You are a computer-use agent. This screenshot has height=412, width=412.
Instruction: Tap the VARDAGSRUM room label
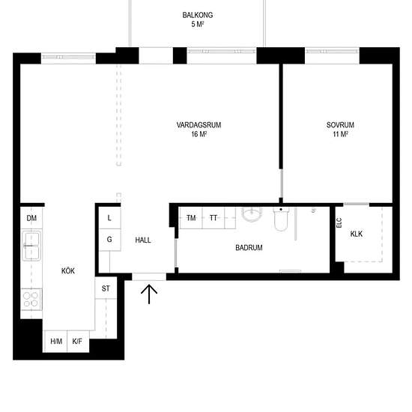(x=199, y=125)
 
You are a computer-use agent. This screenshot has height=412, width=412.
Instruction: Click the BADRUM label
(x=249, y=247)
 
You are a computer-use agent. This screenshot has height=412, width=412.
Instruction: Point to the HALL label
(x=143, y=240)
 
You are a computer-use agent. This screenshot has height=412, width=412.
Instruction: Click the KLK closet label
(x=356, y=234)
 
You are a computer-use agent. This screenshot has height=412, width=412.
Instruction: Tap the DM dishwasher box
(x=31, y=218)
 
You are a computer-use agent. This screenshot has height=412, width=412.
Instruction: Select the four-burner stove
(x=31, y=299)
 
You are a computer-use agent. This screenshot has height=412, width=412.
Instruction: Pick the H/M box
(x=56, y=342)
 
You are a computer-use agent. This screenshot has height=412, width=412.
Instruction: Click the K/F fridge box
(x=77, y=342)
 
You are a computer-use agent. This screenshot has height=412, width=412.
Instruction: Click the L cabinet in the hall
(x=109, y=217)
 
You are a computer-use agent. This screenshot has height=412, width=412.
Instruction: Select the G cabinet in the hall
(x=109, y=240)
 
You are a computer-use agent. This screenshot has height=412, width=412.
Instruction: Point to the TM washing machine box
(x=191, y=218)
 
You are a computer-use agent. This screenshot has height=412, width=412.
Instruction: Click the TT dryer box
(x=213, y=218)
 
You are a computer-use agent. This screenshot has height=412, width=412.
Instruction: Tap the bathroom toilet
(x=282, y=221)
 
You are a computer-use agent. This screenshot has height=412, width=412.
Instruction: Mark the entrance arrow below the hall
(x=150, y=294)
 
